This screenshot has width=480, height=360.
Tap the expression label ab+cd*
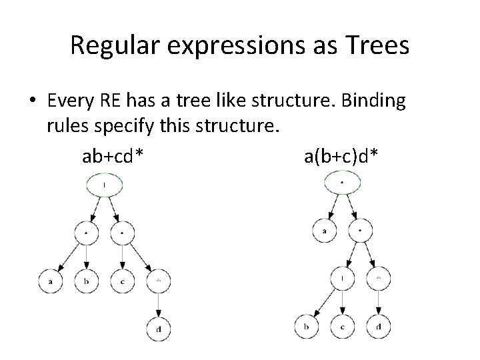click(113, 157)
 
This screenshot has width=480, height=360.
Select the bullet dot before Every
click(32, 101)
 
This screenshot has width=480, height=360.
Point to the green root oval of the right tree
click(342, 182)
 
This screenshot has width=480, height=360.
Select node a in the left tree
click(51, 282)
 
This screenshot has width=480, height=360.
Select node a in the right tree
click(324, 231)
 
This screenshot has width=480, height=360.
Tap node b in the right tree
click(305, 326)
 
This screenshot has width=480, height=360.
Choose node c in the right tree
click(342, 326)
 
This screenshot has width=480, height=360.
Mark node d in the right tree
click(378, 326)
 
